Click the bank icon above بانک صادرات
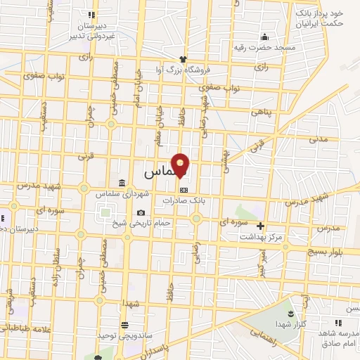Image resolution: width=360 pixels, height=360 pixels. tap(184, 189)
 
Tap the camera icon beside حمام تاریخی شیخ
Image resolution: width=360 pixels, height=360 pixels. tap(141, 213)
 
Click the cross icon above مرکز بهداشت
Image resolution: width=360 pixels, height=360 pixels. tap(261, 226)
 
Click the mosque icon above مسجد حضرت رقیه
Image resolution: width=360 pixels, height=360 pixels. tap(264, 37)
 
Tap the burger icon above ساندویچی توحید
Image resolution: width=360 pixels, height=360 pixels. tap(124, 325)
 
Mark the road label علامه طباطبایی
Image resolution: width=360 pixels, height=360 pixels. tap(25, 327)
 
